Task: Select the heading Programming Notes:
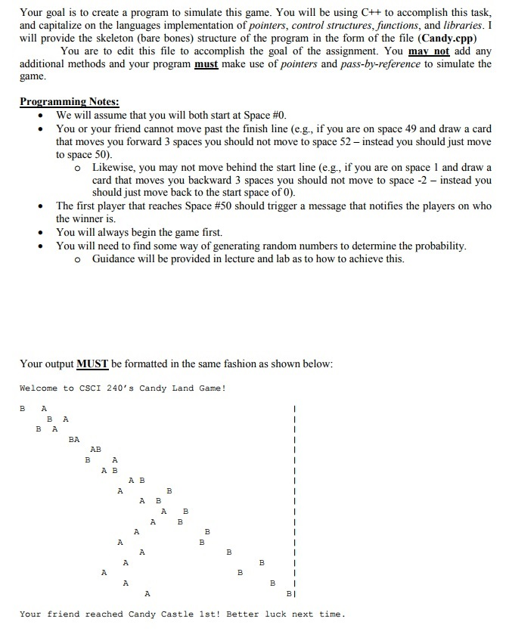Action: pyautogui.click(x=69, y=102)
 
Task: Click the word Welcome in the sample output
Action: pyautogui.click(x=39, y=388)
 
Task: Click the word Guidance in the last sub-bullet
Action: pyautogui.click(x=116, y=258)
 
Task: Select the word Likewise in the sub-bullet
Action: pyautogui.click(x=114, y=167)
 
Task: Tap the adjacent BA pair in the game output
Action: pyautogui.click(x=74, y=438)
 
